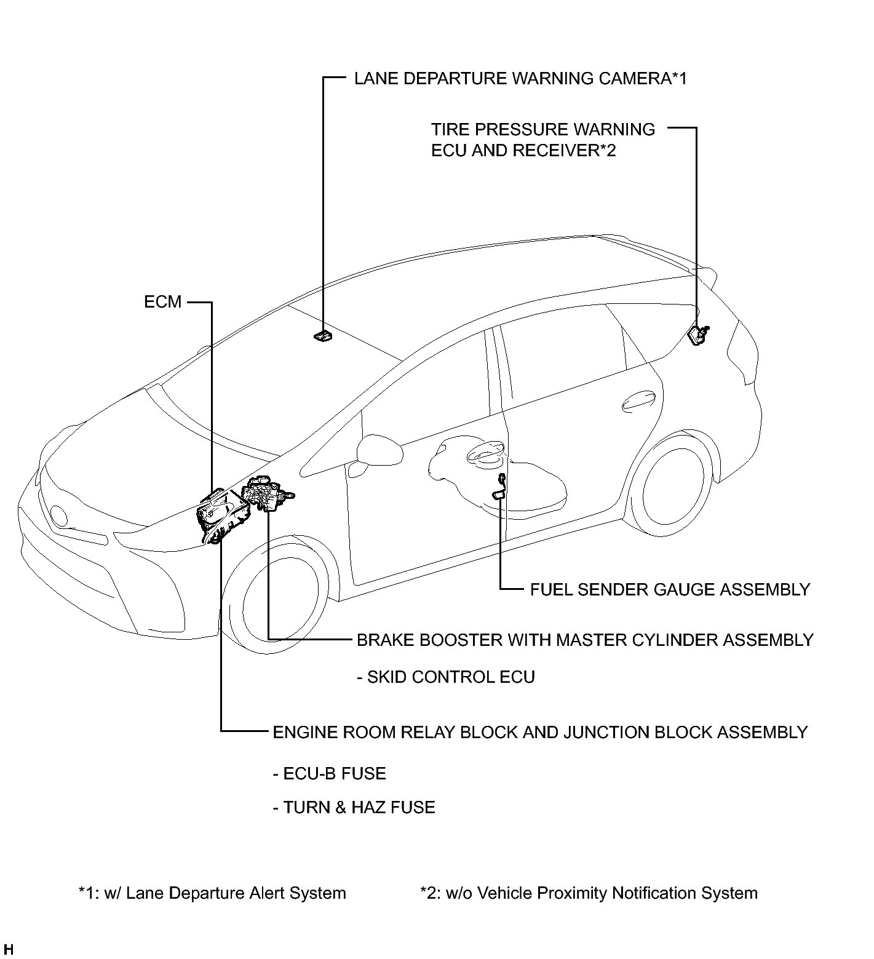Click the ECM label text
pos(163,302)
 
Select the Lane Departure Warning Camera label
pos(520,79)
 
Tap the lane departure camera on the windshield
pos(323,336)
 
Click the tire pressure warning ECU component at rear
pos(698,334)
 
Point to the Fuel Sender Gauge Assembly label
pos(670,590)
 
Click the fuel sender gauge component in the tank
pos(500,486)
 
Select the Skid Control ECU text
pos(446,677)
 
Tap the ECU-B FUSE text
pos(329,774)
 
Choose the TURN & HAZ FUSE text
pos(354,808)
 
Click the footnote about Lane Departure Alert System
pos(212,893)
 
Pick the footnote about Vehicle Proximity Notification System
pos(589,893)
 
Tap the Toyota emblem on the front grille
pos(60,515)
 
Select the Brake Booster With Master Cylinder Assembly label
pos(585,640)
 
